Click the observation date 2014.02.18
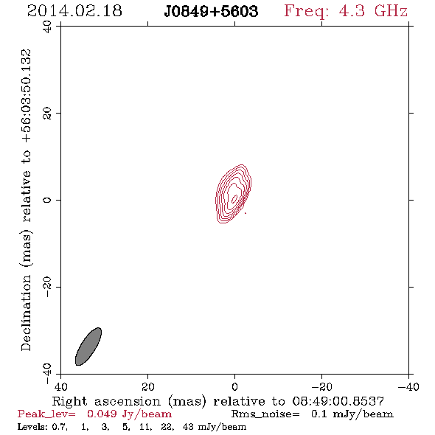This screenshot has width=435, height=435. (x=74, y=11)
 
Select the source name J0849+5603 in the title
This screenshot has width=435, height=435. (x=211, y=11)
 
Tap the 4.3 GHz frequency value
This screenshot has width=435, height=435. (x=373, y=11)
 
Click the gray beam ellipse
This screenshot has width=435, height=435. (x=88, y=347)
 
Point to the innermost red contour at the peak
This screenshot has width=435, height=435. (x=234, y=198)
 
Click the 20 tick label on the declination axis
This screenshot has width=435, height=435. (x=47, y=114)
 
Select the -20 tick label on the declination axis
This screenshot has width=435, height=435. (x=47, y=287)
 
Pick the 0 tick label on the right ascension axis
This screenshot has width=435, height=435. (x=234, y=387)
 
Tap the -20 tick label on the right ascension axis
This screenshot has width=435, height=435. (x=321, y=387)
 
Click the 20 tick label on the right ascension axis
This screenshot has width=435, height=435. (x=147, y=387)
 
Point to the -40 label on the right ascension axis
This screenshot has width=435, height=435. (x=408, y=387)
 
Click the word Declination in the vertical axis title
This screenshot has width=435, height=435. (x=26, y=313)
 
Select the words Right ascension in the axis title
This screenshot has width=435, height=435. (x=106, y=401)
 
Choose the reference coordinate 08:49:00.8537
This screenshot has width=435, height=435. (x=338, y=401)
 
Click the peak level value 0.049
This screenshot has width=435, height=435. (x=102, y=414)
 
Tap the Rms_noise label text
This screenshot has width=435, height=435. (x=265, y=414)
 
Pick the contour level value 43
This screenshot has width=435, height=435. (x=188, y=427)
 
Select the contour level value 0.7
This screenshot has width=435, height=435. (x=60, y=427)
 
